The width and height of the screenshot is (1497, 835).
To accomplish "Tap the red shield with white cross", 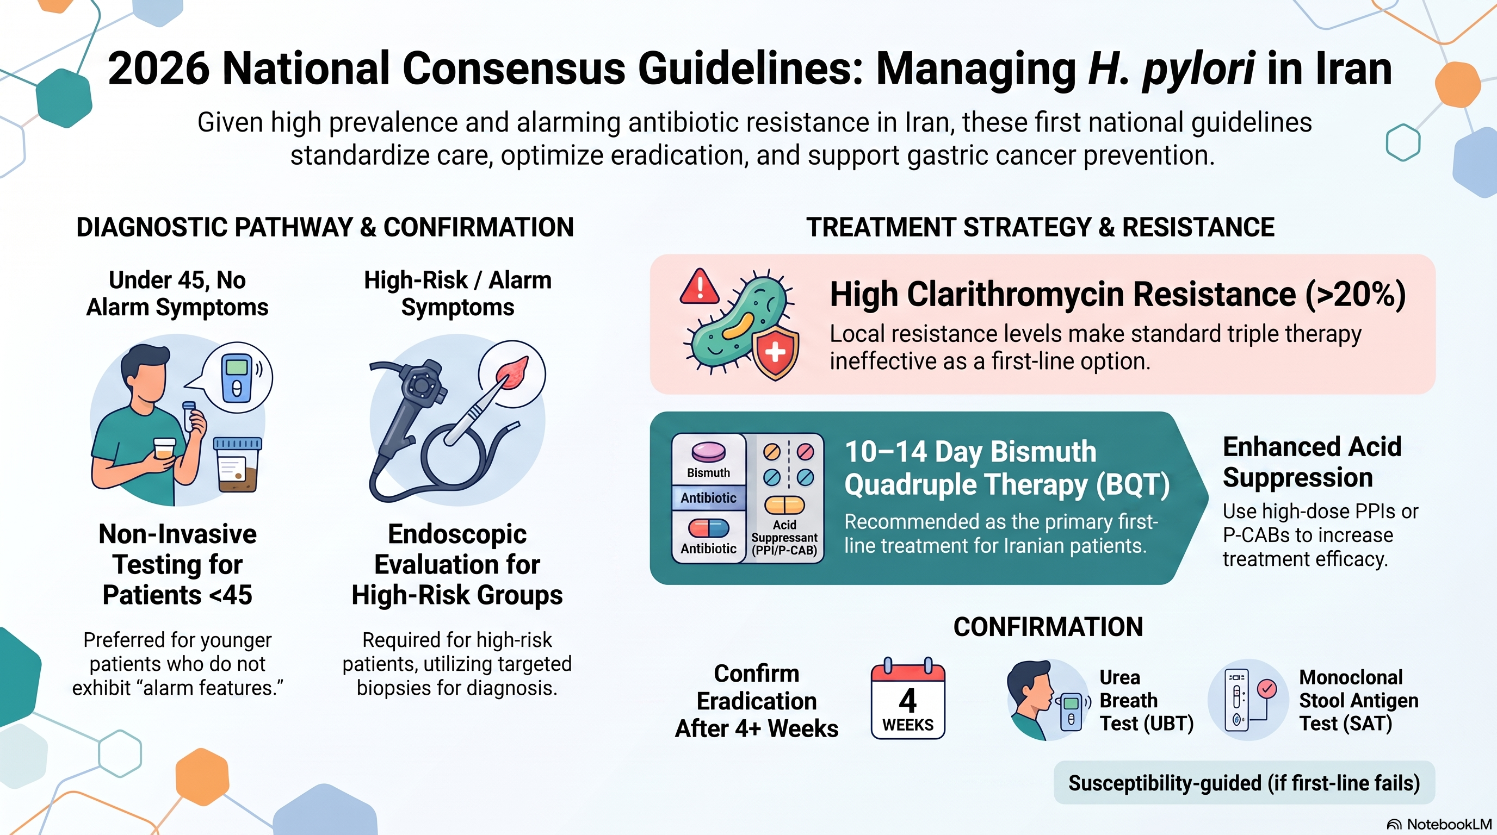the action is tap(775, 352).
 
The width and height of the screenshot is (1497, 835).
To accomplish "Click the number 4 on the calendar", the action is tap(908, 700).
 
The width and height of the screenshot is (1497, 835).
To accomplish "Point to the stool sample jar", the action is tap(238, 464).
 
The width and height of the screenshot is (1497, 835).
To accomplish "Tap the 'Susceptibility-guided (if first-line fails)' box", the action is tap(1244, 783).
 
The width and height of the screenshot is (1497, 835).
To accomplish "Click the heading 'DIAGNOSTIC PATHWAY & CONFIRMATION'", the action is tap(325, 227).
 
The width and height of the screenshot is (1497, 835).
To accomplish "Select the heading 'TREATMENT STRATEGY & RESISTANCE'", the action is tap(1040, 227).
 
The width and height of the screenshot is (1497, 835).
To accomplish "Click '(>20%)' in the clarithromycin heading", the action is tap(1355, 295).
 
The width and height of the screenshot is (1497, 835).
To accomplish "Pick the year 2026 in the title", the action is tap(158, 69).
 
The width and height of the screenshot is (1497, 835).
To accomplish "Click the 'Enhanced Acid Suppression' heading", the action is tap(1312, 462).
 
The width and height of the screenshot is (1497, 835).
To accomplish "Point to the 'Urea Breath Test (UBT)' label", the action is tap(1146, 700).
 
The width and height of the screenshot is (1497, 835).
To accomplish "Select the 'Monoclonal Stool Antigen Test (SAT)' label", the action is tap(1359, 700).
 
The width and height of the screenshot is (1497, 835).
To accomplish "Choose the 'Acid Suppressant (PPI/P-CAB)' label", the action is tap(784, 538).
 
